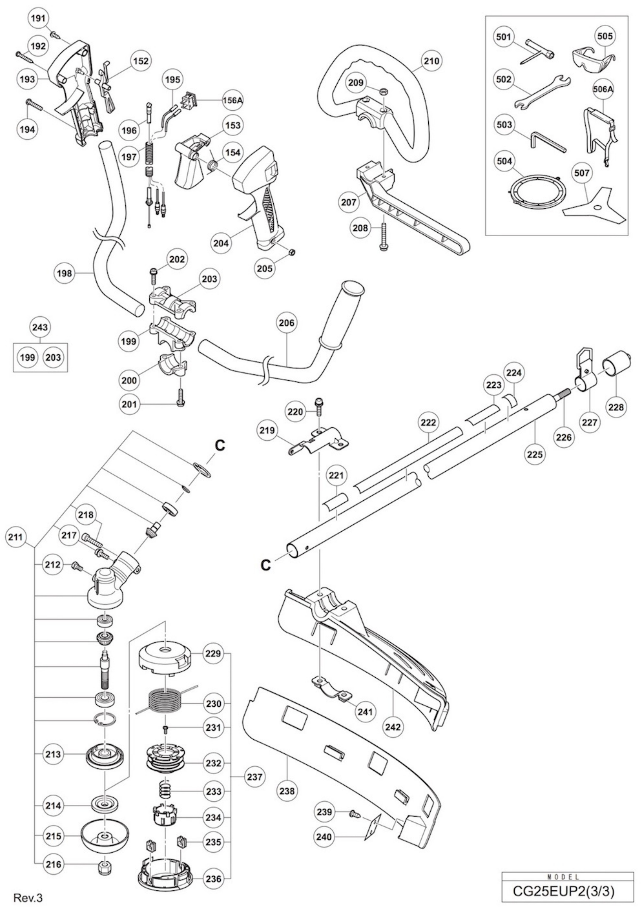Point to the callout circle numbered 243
(40, 327)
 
